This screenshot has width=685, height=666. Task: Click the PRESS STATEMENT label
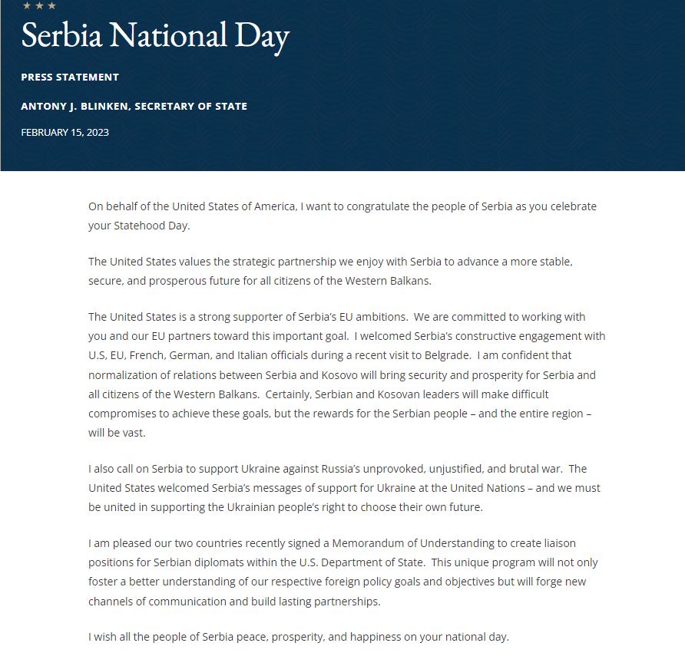70,77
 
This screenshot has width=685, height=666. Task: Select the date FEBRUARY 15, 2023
65,132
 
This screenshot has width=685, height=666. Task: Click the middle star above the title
39,6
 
